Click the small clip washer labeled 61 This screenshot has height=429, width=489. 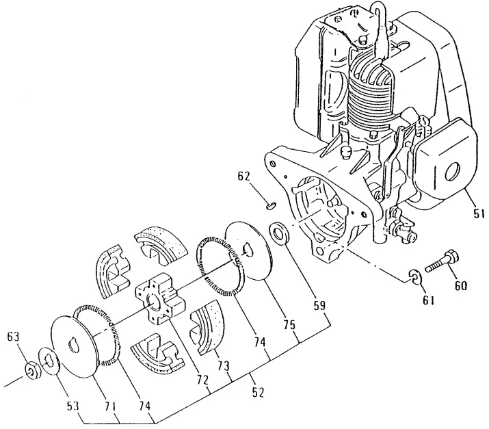pyautogui.click(x=414, y=276)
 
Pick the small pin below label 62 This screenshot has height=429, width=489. pyautogui.click(x=269, y=203)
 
